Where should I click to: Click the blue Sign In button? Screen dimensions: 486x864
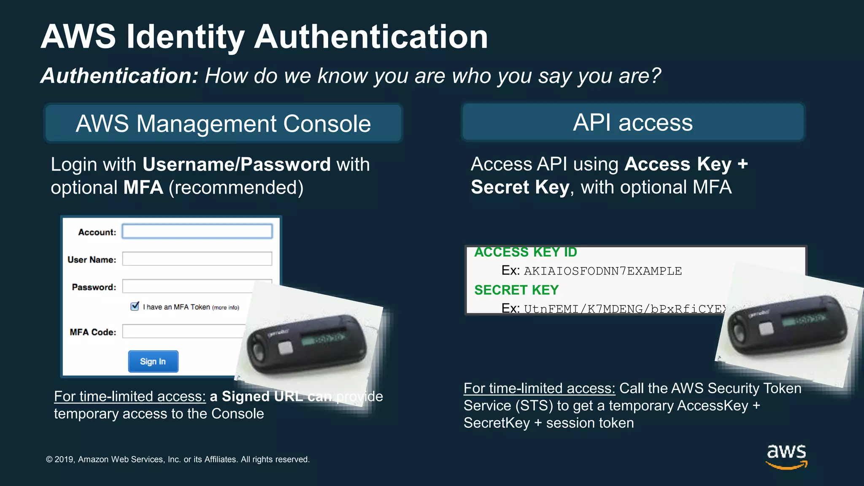point(153,362)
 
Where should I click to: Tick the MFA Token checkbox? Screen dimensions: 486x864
point(135,306)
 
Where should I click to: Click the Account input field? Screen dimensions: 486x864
point(197,232)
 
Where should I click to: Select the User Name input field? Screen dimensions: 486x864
point(197,259)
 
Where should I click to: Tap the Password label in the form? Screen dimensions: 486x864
point(94,287)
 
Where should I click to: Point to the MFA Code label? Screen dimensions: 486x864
point(93,332)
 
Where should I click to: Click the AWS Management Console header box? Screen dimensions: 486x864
point(223,124)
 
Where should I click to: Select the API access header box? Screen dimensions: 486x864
point(633,123)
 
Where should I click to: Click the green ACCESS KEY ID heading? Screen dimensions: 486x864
point(526,252)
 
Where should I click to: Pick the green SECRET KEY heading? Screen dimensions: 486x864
point(516,290)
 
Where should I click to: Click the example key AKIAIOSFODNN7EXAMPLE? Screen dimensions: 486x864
point(603,271)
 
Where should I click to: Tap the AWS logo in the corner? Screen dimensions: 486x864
point(786,456)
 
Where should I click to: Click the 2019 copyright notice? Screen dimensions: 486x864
point(178,459)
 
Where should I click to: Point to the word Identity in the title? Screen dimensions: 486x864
point(186,37)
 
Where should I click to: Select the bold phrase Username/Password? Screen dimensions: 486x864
point(236,165)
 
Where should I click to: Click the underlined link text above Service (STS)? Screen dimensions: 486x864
point(539,389)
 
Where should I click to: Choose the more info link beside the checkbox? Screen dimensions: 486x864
point(226,308)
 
